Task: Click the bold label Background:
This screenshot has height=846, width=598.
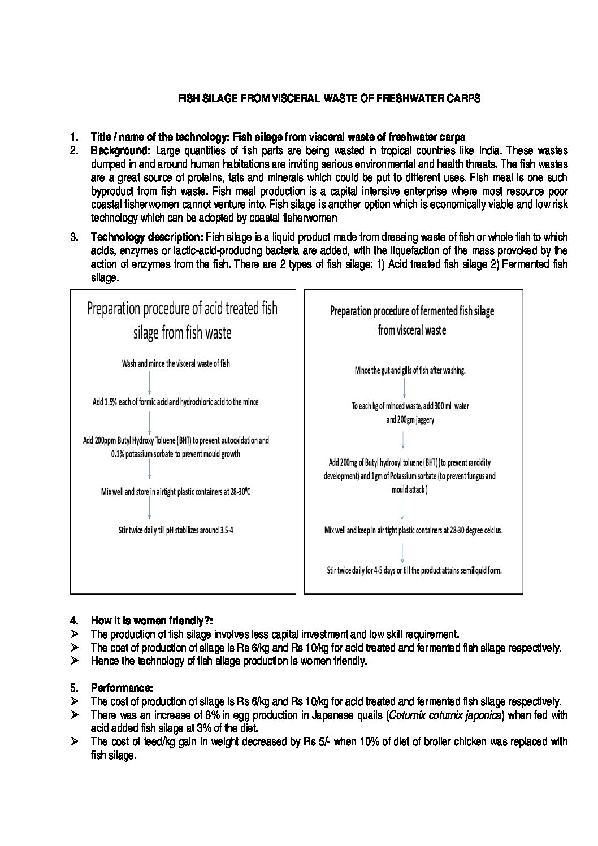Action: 120,150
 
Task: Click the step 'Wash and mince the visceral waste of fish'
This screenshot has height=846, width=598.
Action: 176,363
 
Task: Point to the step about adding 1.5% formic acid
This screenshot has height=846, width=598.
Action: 176,402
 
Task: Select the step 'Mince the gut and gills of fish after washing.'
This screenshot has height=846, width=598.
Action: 410,371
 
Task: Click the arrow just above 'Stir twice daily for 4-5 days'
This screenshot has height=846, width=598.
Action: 402,551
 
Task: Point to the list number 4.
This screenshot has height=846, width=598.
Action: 73,621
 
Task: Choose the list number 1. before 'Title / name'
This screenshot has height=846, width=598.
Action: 73,137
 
